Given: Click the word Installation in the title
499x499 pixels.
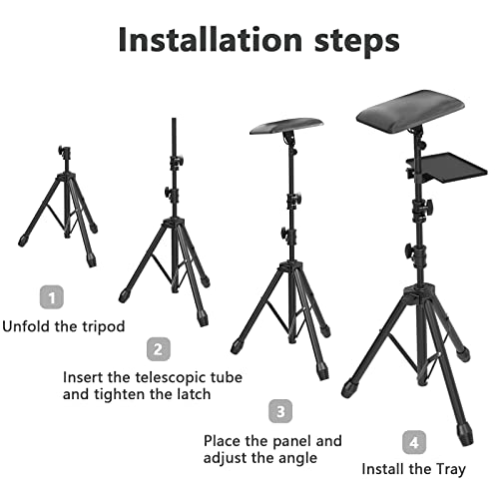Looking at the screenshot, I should pyautogui.click(x=196, y=39).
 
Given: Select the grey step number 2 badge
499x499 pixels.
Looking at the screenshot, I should pyautogui.click(x=157, y=349).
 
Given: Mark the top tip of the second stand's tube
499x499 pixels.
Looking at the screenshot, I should pyautogui.click(x=176, y=119).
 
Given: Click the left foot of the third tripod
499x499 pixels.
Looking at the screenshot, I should pyautogui.click(x=237, y=346).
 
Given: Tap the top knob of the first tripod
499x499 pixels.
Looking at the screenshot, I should pyautogui.click(x=62, y=153).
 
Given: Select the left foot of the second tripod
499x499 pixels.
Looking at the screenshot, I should pyautogui.click(x=123, y=295).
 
